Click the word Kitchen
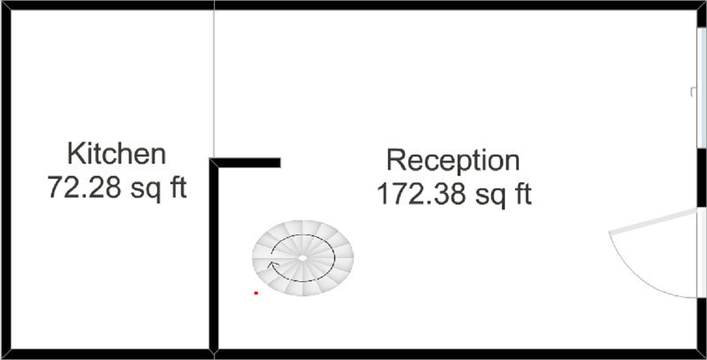(x=116, y=154)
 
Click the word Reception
(x=453, y=160)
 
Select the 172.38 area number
(x=419, y=194)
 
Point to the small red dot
(x=256, y=293)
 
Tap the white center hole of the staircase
(x=303, y=257)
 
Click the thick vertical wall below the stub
(x=213, y=258)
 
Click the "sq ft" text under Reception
(x=504, y=194)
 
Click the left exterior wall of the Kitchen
(x=5, y=180)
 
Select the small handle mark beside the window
(x=693, y=91)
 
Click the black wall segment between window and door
(x=702, y=177)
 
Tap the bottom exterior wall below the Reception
(x=456, y=354)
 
